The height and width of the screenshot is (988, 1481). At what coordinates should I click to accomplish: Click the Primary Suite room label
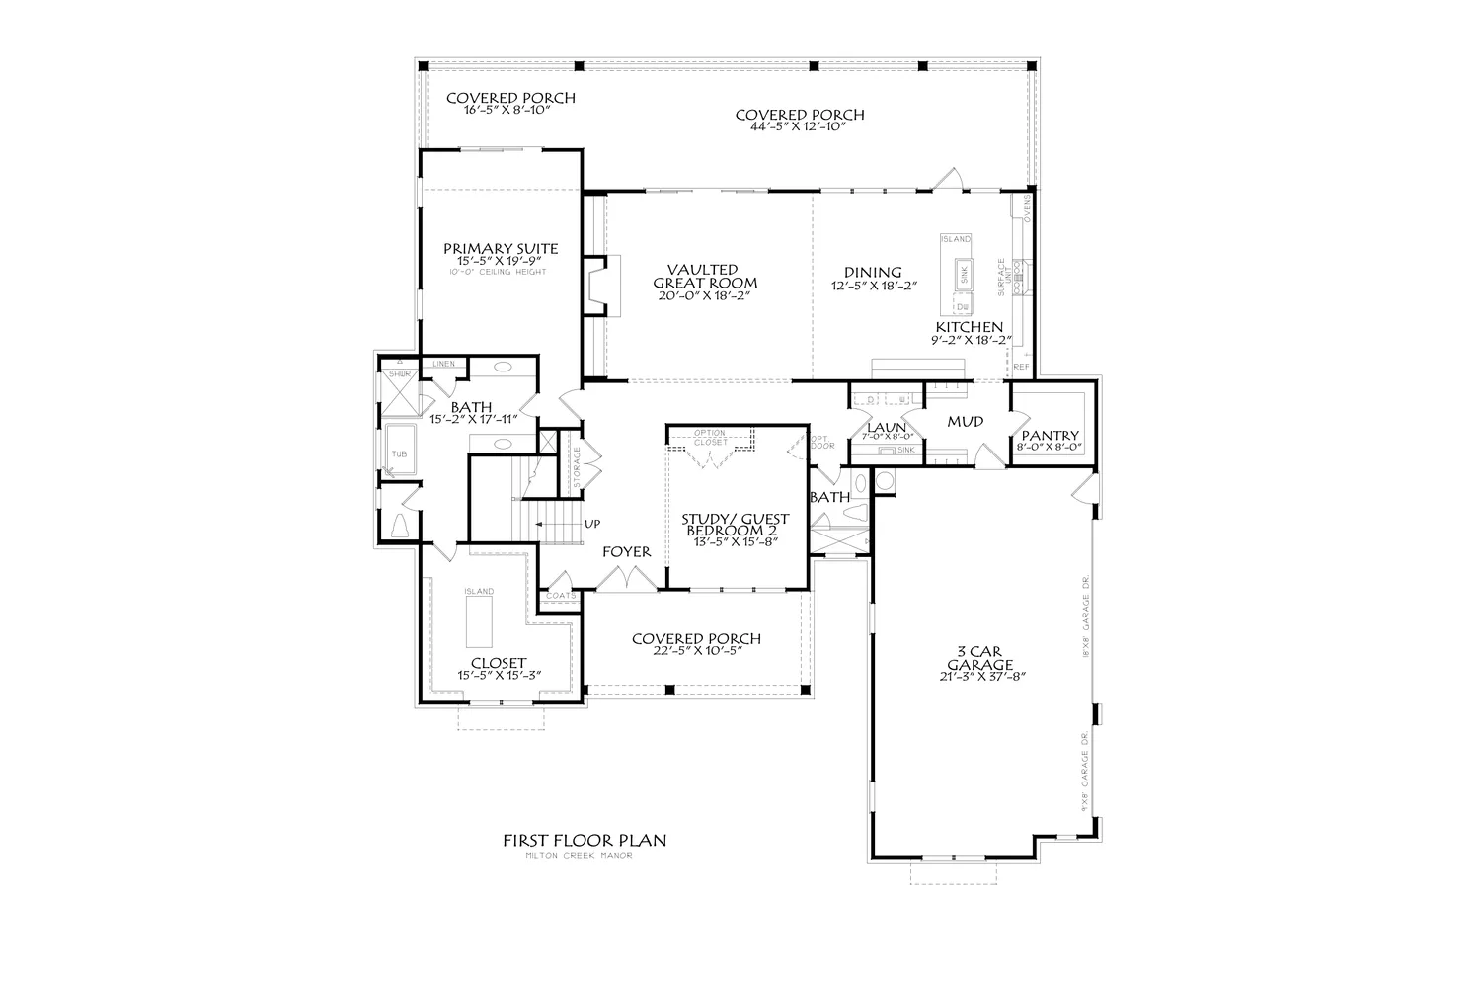coord(500,249)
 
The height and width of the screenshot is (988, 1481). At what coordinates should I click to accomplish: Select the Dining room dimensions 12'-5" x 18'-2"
coord(873,286)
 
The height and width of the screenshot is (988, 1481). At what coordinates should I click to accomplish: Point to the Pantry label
coord(1051,436)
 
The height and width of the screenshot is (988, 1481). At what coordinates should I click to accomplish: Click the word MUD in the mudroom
coord(965,422)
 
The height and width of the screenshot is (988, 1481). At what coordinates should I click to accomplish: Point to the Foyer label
coord(627,551)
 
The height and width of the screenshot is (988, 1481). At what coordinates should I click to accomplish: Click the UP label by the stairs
coord(592,524)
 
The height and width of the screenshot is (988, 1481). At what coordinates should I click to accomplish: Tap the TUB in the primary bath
coord(398,453)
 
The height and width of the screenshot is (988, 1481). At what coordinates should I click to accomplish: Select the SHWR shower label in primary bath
coord(399,374)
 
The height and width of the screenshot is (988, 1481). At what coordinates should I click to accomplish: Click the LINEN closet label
coord(443,365)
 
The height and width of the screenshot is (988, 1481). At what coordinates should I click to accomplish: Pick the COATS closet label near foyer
coord(560,596)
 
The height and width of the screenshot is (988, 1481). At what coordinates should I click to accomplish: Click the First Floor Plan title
coord(585,841)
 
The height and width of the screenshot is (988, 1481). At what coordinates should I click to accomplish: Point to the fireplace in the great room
coord(597,286)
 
